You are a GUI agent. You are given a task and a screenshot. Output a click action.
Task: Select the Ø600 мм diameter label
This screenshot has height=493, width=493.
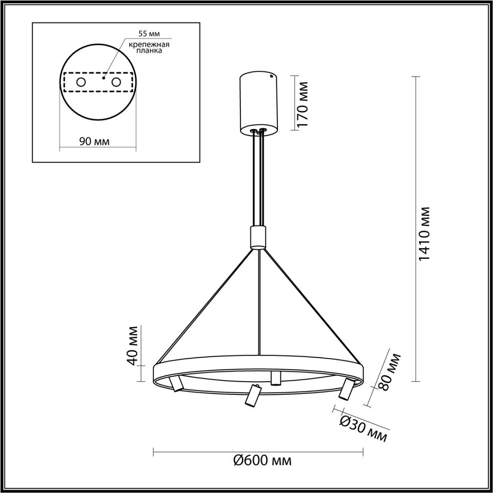(x=263, y=461)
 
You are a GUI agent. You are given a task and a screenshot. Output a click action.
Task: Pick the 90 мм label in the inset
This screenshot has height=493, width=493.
(x=94, y=142)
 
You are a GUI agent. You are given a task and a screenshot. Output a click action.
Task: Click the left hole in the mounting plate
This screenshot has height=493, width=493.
(x=81, y=82)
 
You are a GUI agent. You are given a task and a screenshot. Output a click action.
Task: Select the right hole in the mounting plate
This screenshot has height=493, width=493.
(x=116, y=82)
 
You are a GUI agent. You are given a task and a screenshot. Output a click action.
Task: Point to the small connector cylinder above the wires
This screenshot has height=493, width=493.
(x=258, y=237)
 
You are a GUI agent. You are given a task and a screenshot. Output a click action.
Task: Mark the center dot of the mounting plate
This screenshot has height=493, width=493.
(x=104, y=77)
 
